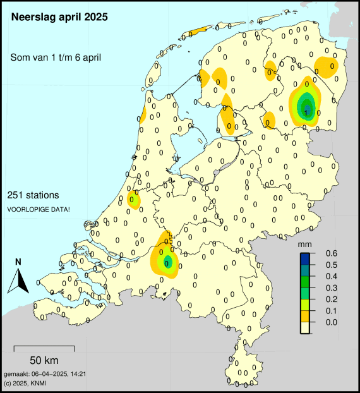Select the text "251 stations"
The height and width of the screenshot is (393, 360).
[34, 195]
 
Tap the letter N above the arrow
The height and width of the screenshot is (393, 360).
[18, 262]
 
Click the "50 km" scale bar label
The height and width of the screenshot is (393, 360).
[44, 360]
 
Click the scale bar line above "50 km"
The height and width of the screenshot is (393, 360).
[44, 348]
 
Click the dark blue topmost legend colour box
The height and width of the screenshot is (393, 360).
[305, 258]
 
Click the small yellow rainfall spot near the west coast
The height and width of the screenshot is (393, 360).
[133, 200]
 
